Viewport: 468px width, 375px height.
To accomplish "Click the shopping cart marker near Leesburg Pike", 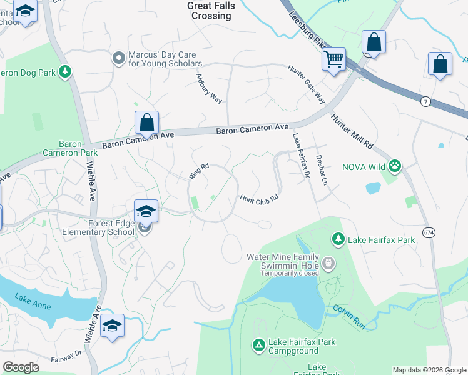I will (x=334, y=60).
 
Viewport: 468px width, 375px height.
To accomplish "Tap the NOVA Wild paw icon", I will (x=395, y=166).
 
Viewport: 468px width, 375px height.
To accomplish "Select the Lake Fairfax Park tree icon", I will (x=338, y=239).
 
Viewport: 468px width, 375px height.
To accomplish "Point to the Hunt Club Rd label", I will (x=258, y=198).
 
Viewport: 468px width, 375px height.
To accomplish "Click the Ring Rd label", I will (x=198, y=172).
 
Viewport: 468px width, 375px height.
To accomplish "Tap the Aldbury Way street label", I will (x=210, y=89).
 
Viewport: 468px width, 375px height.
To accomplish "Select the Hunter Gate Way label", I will (x=307, y=84).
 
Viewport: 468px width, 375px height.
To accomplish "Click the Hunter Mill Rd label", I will (x=352, y=131).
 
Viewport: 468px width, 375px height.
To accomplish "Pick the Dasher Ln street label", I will (x=322, y=169).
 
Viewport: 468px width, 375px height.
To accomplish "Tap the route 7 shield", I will (x=425, y=102).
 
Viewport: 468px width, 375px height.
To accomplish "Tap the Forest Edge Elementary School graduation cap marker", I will (x=145, y=211).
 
